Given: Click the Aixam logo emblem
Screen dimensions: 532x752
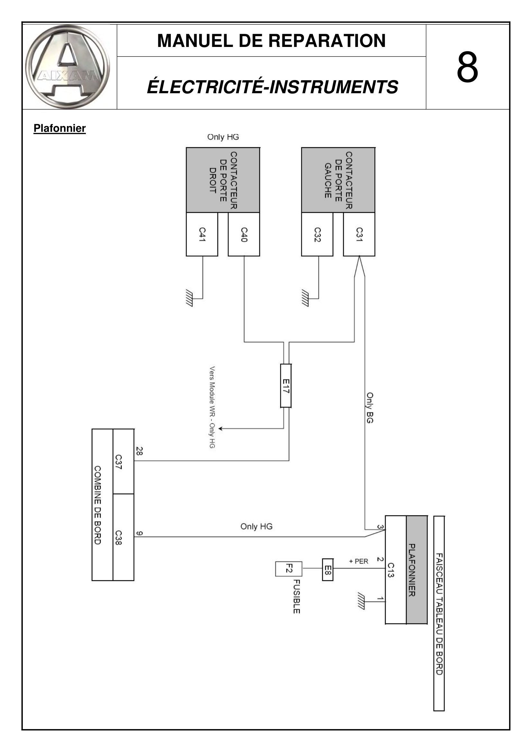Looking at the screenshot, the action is pos(68,67).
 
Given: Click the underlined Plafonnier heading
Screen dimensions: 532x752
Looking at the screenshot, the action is pos(60,128).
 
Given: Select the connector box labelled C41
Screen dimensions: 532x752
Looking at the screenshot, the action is pos(202,234).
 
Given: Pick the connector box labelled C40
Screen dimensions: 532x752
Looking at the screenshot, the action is pos(244,234).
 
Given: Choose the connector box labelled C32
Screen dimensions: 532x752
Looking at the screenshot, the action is pos(317,234).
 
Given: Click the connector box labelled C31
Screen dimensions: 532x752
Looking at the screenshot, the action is pos(359,234).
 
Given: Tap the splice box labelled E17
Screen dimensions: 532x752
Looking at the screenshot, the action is pos(286,386).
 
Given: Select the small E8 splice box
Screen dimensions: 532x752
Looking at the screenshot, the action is pos(327,570).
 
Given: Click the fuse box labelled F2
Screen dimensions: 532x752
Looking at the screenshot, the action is pos(289,569).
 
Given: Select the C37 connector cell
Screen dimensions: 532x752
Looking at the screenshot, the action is pos(123,461).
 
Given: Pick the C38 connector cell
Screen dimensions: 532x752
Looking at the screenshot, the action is pos(123,537).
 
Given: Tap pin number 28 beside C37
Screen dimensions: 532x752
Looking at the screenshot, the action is pos(139,451).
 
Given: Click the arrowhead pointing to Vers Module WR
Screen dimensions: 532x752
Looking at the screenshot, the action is pos(220,428).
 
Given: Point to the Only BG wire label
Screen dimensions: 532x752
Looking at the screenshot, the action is pos(370,408).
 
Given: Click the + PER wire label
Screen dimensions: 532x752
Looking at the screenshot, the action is pos(359,561).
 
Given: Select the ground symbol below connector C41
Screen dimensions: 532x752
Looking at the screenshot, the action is pos(189,298).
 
